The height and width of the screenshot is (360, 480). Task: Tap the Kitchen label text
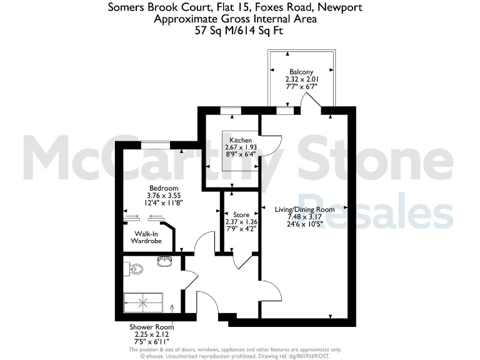pyautogui.click(x=241, y=140)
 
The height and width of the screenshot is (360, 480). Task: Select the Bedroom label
pyautogui.click(x=163, y=188)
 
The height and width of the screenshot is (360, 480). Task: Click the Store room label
pyautogui.click(x=241, y=214)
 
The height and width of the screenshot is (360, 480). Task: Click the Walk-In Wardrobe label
pyautogui.click(x=146, y=237)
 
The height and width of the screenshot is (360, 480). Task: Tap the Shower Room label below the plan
pyautogui.click(x=151, y=327)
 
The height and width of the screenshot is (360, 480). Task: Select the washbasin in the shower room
pyautogui.click(x=165, y=261)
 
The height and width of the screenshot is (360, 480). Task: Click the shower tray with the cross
pyautogui.click(x=144, y=303)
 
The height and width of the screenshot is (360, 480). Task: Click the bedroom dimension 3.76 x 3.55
pyautogui.click(x=163, y=195)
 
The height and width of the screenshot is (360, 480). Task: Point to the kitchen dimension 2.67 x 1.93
pyautogui.click(x=241, y=147)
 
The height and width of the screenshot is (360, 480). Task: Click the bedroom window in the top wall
pyautogui.click(x=152, y=146)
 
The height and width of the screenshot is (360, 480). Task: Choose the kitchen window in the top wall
pyautogui.click(x=231, y=111)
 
